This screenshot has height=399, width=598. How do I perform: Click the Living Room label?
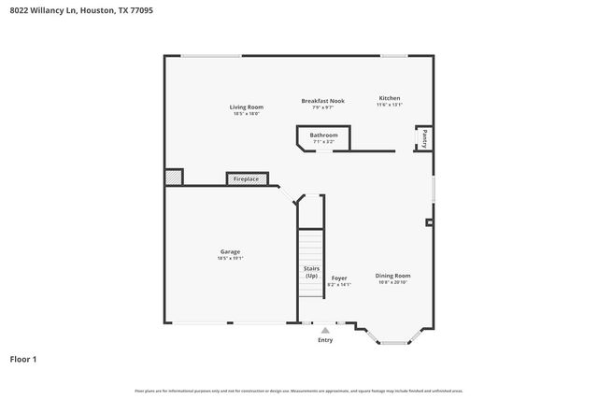[246, 107]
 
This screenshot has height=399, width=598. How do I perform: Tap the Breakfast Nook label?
[322, 100]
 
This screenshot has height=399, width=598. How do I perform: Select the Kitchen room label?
[389, 98]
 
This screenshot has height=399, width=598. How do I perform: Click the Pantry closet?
[423, 138]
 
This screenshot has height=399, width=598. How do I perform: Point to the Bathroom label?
[323, 135]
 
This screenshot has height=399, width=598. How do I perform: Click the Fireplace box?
[247, 178]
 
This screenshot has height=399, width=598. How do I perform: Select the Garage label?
[230, 251]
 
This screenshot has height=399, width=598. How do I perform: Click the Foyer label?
[339, 278]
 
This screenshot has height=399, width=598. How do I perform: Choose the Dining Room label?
[392, 276]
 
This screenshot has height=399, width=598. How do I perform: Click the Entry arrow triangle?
[325, 330]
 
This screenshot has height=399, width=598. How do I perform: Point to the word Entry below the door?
[325, 340]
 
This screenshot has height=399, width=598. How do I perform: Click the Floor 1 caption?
[23, 359]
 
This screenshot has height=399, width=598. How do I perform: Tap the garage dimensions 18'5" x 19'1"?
[230, 258]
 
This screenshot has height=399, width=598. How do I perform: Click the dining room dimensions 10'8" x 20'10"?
[392, 282]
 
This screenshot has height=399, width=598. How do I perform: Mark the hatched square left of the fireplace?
[174, 177]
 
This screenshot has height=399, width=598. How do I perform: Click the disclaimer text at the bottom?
[299, 390]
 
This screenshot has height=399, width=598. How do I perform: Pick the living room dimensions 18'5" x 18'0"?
[246, 114]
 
